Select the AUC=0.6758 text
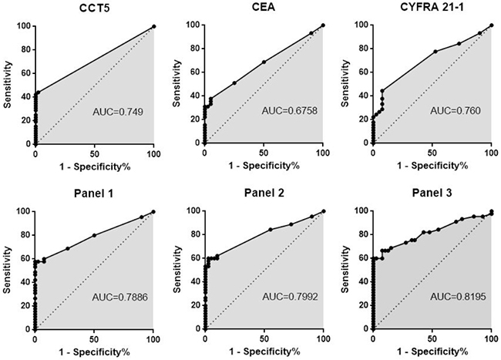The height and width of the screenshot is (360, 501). click(289, 112)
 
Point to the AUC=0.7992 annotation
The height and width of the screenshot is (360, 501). click(289, 297)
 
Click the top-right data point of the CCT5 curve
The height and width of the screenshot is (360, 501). click(153, 26)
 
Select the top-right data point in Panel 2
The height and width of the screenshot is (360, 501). click(323, 211)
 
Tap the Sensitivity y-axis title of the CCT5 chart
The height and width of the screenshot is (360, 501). click(6, 85)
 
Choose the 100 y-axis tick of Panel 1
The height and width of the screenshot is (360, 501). click(25, 211)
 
